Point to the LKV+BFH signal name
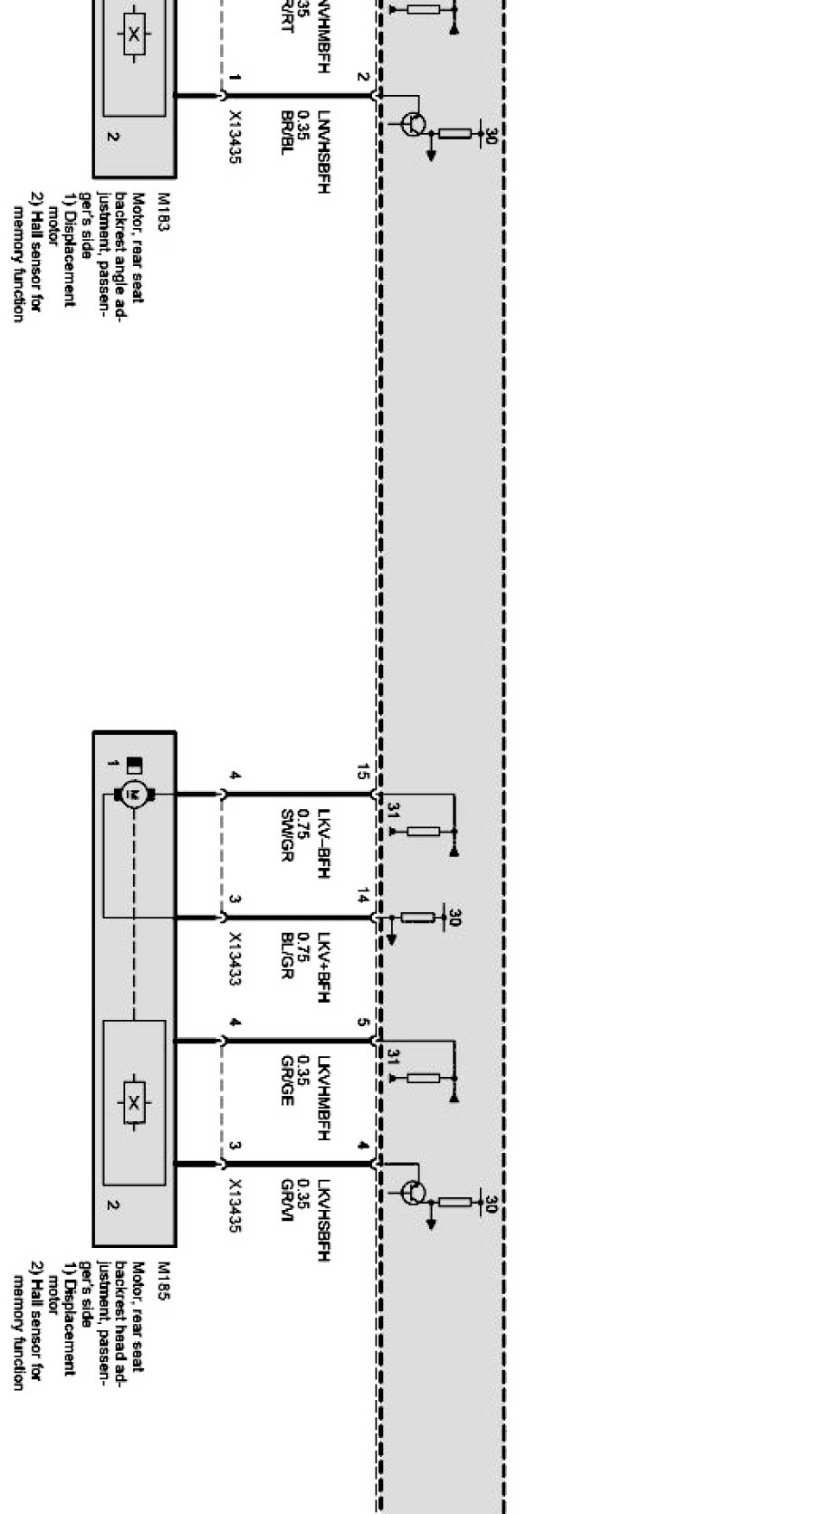pos(322,967)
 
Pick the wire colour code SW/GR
pos(287,835)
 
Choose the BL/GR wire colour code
pos(287,957)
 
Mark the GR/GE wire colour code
pos(287,1081)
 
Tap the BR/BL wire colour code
pos(287,132)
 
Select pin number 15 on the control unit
pos(362,772)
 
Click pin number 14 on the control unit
pos(362,897)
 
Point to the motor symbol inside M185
pos(134,795)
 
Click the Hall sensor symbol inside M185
pos(134,1102)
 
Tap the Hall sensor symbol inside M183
pos(134,34)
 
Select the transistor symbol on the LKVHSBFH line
pos(414,1193)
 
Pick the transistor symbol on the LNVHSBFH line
pos(414,124)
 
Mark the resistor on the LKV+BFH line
pos(417,918)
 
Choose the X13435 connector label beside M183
pos(235,137)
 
